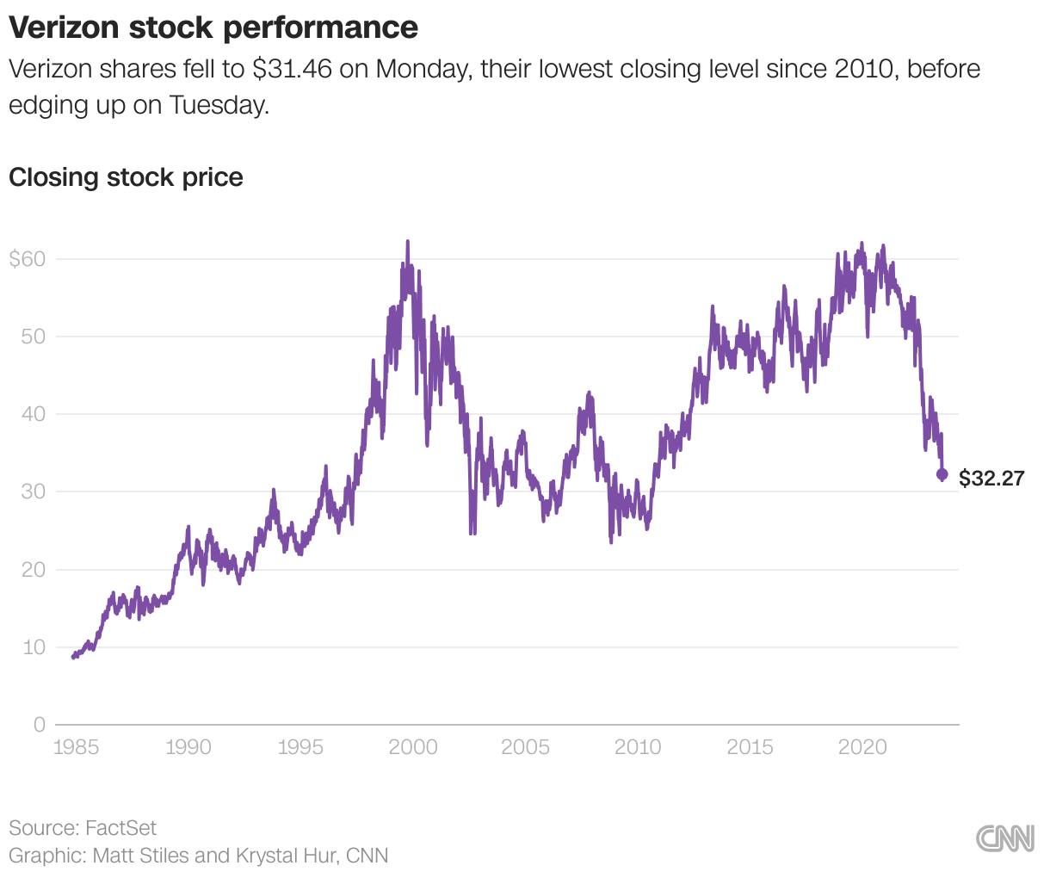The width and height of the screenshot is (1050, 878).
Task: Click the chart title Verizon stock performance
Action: click(x=213, y=28)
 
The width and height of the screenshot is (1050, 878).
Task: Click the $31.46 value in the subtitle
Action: click(x=292, y=69)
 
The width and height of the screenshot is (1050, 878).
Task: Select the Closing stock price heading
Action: click(x=126, y=177)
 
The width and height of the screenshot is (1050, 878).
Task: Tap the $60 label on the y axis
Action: click(x=27, y=258)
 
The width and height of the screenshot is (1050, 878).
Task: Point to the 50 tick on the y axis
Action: click(x=33, y=337)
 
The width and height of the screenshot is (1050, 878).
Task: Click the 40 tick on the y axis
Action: click(x=33, y=414)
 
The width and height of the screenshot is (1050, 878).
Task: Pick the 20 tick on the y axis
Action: click(x=33, y=570)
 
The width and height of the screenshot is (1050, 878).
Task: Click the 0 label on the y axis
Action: click(x=39, y=725)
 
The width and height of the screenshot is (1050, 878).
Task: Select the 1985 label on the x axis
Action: click(x=76, y=747)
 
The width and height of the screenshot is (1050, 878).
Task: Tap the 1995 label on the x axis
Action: click(x=300, y=747)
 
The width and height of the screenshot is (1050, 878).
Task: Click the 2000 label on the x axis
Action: click(x=413, y=747)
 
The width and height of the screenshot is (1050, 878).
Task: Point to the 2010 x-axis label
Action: click(x=638, y=747)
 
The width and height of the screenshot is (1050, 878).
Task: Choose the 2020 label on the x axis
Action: click(x=862, y=747)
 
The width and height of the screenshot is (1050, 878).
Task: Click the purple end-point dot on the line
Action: click(x=942, y=474)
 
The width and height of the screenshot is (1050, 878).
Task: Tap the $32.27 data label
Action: click(x=991, y=479)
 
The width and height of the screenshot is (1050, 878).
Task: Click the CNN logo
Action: click(x=1005, y=839)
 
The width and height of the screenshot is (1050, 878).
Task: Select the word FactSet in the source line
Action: click(x=121, y=828)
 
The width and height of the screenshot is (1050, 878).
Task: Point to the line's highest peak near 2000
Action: click(x=407, y=243)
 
